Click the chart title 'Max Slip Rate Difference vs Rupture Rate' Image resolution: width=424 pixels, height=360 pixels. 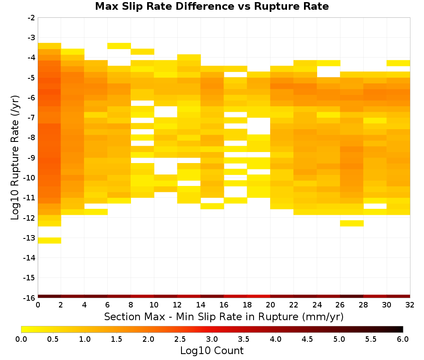tap(212, 6)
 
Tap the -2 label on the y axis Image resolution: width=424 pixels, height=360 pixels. tap(31, 18)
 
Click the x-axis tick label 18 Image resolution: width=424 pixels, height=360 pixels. tap(247, 305)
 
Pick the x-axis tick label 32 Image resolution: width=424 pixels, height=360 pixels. tap(410, 305)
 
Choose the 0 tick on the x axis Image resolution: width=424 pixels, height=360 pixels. tap(38, 305)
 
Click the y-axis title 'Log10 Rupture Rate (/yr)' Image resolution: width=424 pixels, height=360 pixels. tap(15, 158)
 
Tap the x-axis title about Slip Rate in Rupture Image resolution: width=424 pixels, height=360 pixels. tap(224, 317)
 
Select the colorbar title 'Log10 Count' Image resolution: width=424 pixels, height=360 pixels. tap(212, 351)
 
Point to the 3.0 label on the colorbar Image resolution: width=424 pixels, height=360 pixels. tap(212, 339)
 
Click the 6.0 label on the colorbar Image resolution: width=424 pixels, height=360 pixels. tap(403, 339)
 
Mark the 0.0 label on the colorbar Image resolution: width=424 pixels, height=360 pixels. tap(21, 339)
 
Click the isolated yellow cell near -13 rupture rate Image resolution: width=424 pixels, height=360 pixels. tap(50, 241)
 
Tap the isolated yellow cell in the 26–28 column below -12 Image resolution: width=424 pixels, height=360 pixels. tap(352, 223)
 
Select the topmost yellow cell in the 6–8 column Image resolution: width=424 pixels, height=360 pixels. tap(119, 46)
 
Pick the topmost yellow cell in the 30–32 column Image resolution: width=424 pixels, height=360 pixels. tap(398, 63)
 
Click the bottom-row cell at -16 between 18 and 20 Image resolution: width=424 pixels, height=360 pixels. tap(259, 296)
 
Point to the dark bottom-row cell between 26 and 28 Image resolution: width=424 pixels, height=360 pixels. tap(352, 296)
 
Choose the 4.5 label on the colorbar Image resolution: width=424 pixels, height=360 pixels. tap(307, 339)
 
